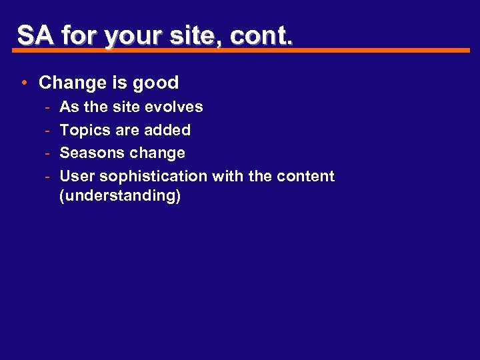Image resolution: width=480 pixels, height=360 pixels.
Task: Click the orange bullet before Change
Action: [x=23, y=83]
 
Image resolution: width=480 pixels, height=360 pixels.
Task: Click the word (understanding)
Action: [x=120, y=196]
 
